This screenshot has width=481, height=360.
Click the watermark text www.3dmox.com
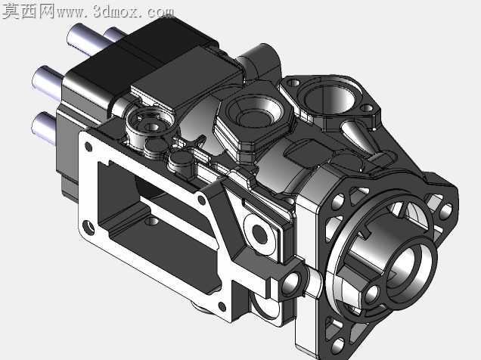tap(115, 11)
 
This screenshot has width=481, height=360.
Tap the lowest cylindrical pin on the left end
tap(44, 127)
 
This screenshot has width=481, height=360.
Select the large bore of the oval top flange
tap(330, 99)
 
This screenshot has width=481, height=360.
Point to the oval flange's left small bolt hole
tap(294, 82)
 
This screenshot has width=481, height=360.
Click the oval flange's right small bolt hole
tap(367, 108)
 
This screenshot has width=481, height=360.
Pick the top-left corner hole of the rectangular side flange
tap(88, 147)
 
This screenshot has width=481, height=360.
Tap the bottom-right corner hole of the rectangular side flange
tap(222, 306)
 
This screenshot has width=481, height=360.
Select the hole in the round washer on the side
tap(260, 234)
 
